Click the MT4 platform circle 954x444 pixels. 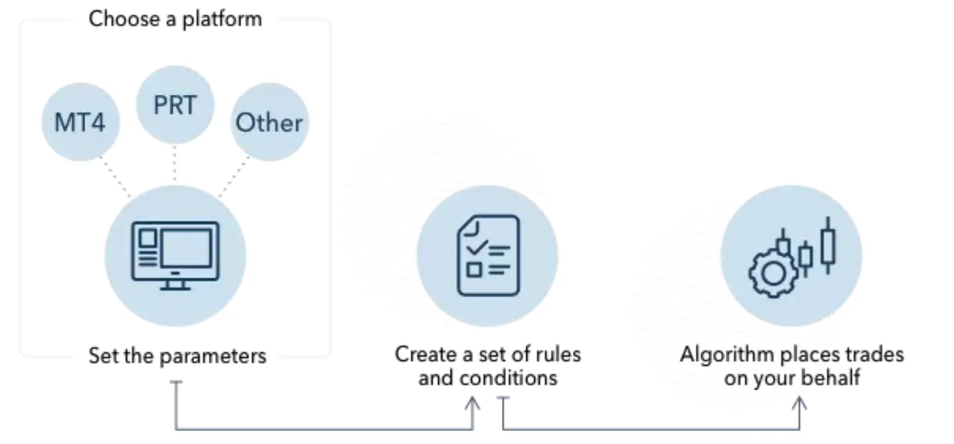click(80, 122)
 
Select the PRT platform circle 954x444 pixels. click(175, 105)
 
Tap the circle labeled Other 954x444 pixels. click(270, 122)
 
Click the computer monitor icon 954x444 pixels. click(175, 256)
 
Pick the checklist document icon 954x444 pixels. click(488, 256)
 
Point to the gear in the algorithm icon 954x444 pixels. click(773, 273)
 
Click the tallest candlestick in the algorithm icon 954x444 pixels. click(828, 246)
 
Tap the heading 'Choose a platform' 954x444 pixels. click(175, 20)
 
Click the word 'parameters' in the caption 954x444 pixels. click(213, 357)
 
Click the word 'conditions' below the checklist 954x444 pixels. click(508, 378)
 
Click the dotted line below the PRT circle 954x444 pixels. click(175, 163)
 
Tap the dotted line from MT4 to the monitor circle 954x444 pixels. click(116, 177)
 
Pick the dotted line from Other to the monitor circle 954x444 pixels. click(234, 177)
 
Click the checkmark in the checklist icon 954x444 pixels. click(477, 247)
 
